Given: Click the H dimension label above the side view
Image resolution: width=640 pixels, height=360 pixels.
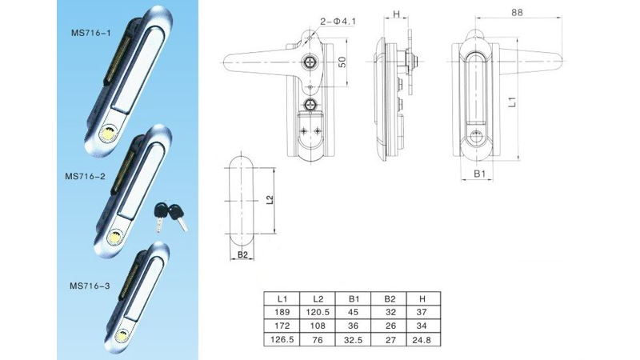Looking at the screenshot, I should pyautogui.click(x=398, y=14).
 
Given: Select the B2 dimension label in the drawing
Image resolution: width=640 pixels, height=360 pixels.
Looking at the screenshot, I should pyautogui.click(x=242, y=256).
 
